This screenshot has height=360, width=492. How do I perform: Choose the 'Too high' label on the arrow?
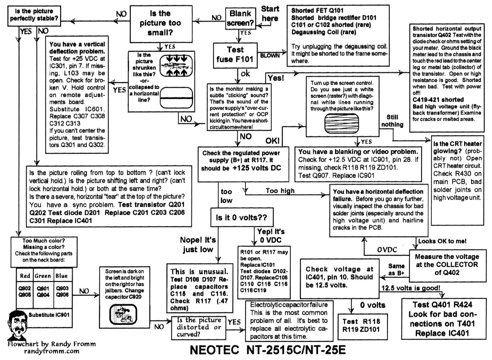280,190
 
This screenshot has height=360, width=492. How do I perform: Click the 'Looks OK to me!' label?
442,241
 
